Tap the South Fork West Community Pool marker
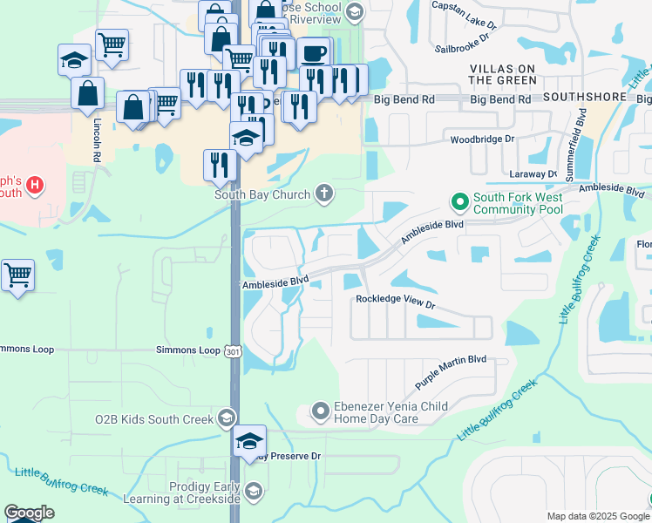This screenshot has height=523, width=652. (x=460, y=203)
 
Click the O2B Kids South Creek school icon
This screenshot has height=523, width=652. (x=227, y=418)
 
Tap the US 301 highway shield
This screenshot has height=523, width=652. (x=232, y=350)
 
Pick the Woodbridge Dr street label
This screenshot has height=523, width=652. (x=483, y=139)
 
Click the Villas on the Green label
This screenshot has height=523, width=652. (x=503, y=74)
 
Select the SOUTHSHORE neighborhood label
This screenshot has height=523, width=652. (x=584, y=98)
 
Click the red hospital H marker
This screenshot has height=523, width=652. (x=34, y=185)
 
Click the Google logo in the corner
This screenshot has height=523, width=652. (x=29, y=513)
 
